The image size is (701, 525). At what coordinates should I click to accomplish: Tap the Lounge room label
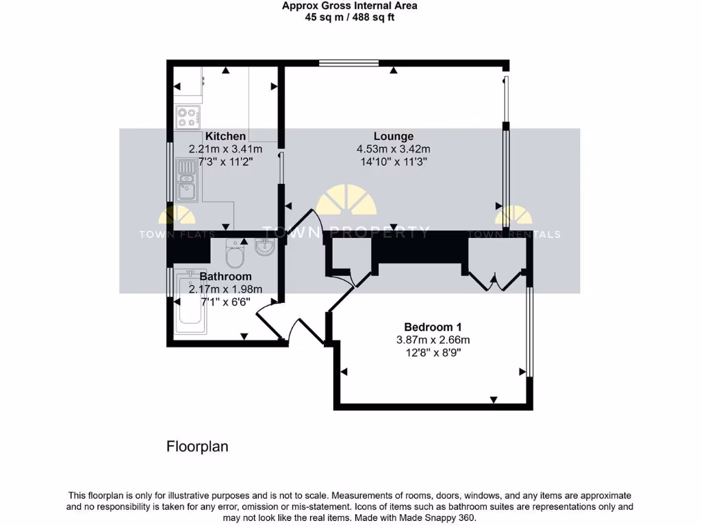(x=393, y=136)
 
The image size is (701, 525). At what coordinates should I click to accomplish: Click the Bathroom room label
(x=225, y=276)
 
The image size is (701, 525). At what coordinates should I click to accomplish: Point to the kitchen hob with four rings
(x=188, y=117)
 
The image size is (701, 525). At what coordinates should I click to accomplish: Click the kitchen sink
(x=186, y=180)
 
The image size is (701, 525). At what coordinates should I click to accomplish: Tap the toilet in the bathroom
(x=234, y=256)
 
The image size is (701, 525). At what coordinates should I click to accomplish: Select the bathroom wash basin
(x=264, y=247)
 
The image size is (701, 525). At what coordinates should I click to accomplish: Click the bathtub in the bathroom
(x=191, y=308)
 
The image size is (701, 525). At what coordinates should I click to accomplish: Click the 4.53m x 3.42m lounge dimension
(x=393, y=149)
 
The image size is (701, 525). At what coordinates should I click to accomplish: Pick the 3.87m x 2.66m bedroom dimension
(x=433, y=340)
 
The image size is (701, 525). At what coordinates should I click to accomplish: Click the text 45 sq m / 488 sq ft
(x=350, y=17)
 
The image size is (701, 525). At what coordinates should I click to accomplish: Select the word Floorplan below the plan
(x=197, y=447)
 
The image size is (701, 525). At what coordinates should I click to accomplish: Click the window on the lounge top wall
(x=348, y=64)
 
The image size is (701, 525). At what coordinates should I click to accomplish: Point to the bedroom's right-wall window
(x=528, y=331)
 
